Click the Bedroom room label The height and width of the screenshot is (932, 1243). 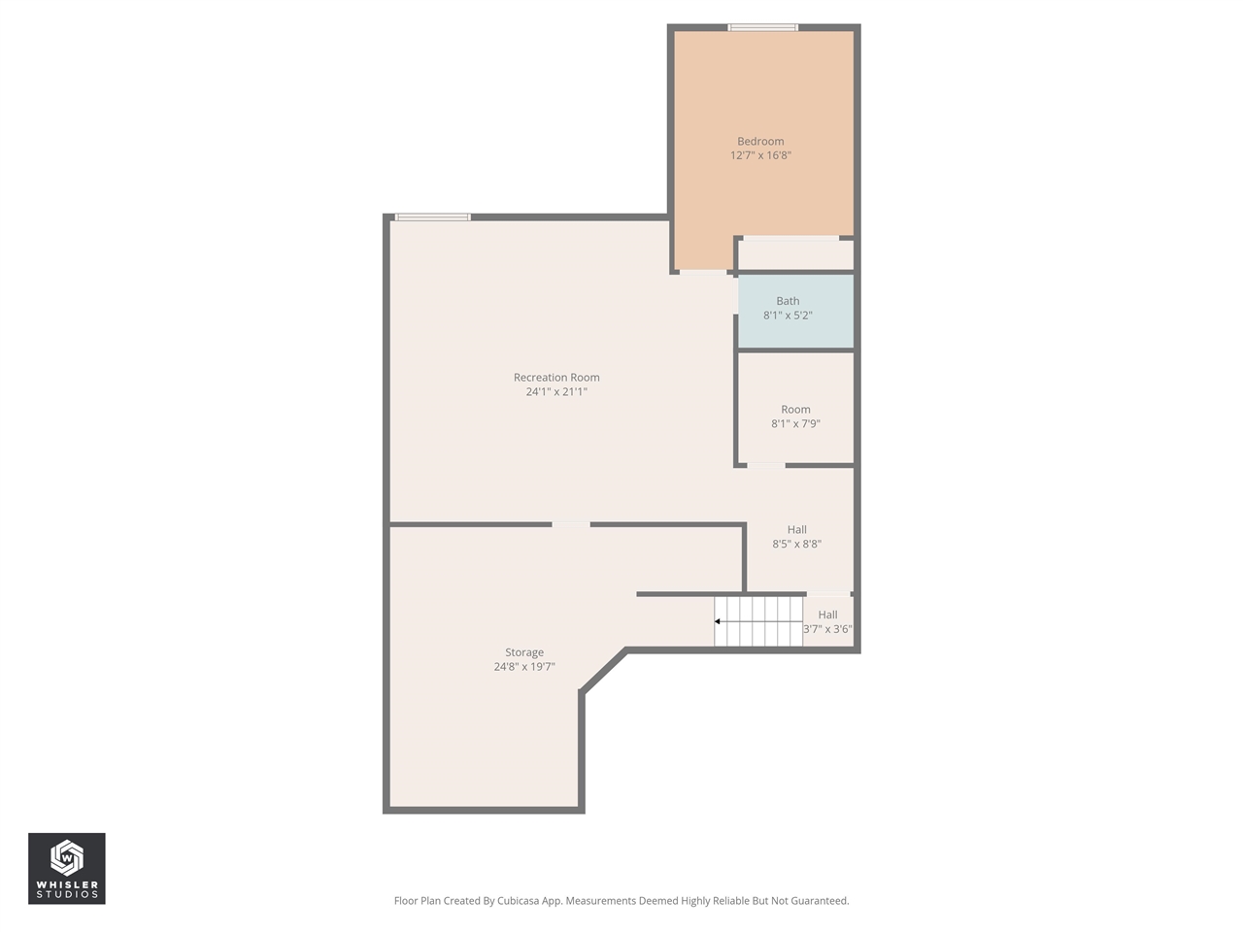click(760, 142)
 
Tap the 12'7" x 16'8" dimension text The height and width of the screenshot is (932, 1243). click(760, 155)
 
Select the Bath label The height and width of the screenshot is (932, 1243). click(788, 301)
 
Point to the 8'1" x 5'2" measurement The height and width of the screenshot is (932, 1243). click(788, 316)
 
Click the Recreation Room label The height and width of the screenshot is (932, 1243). click(556, 378)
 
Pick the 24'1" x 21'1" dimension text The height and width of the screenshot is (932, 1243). click(556, 392)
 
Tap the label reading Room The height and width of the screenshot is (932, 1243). click(795, 410)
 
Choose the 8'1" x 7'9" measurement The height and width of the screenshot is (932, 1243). click(795, 424)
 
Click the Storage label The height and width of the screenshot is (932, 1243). click(524, 652)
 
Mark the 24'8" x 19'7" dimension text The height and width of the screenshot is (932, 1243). click(524, 667)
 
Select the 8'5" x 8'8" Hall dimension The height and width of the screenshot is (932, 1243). click(796, 545)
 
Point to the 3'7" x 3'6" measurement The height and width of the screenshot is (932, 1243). click(827, 629)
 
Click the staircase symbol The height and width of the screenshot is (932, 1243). click(759, 621)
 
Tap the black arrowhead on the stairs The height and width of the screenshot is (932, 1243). click(718, 621)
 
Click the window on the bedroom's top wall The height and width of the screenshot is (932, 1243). click(763, 27)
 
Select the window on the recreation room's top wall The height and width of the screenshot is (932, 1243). click(433, 217)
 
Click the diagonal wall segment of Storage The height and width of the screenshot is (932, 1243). click(603, 671)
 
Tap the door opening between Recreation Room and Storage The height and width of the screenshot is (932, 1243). click(571, 525)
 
